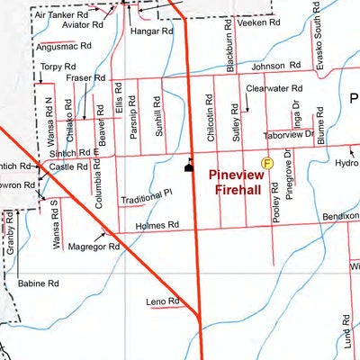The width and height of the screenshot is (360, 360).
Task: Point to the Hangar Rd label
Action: [150, 30]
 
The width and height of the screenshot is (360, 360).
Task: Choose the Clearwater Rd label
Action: [274, 89]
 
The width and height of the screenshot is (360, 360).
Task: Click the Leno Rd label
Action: [165, 301]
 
